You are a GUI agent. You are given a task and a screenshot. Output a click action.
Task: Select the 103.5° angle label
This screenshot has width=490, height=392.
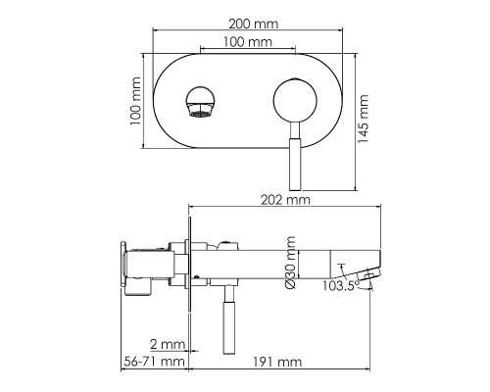tap(338, 286)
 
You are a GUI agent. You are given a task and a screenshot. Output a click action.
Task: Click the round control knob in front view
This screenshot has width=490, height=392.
tap(293, 102)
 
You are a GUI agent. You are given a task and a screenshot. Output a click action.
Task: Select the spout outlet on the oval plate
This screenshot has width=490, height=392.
tap(199, 102)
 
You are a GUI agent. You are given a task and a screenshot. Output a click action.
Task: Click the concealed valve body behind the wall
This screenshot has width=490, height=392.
tap(147, 268)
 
